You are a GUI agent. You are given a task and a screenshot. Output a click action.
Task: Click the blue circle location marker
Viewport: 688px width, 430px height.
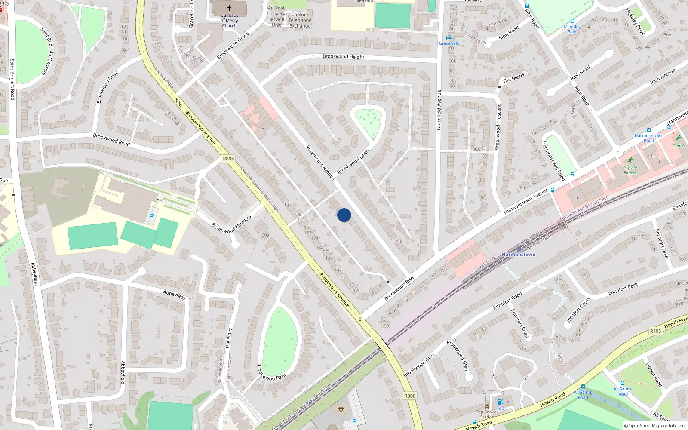(x=344, y=215)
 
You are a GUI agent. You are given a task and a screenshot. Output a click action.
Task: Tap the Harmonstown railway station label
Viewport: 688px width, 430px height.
(x=519, y=255)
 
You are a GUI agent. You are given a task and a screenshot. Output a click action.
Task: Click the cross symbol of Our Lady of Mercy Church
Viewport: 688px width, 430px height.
(x=229, y=8)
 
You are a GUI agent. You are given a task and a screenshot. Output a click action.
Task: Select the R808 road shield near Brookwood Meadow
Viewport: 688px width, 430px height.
(x=228, y=159)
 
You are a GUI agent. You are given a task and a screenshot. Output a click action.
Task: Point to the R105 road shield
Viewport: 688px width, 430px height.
(x=655, y=331)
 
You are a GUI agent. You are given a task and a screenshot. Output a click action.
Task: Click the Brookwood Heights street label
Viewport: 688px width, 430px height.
(x=344, y=57)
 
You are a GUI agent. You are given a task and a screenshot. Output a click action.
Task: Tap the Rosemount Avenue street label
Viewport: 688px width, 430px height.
(x=320, y=163)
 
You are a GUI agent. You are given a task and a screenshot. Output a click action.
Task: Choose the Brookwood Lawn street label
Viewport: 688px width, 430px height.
(x=353, y=162)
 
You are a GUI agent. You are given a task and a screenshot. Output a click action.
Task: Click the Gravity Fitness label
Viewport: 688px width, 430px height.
(x=630, y=170)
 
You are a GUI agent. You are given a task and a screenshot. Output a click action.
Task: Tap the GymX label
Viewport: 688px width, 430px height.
(x=678, y=146)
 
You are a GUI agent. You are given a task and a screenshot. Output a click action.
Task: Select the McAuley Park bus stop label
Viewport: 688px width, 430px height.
(x=572, y=29)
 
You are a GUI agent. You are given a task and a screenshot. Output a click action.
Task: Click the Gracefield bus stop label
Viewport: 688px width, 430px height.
(x=449, y=43)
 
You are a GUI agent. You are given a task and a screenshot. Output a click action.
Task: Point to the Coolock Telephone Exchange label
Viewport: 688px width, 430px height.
(x=300, y=20)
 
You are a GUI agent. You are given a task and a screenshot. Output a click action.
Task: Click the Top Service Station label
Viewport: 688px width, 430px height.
(x=487, y=414)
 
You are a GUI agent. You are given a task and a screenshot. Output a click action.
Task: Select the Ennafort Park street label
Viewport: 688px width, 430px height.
(x=623, y=289)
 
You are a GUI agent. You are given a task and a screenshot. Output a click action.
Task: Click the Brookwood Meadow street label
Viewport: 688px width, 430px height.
(x=231, y=224)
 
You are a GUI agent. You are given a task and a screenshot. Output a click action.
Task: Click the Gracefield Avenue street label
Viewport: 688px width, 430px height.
(x=439, y=110)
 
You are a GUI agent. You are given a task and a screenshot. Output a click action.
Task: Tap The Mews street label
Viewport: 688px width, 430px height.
(x=513, y=78)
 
